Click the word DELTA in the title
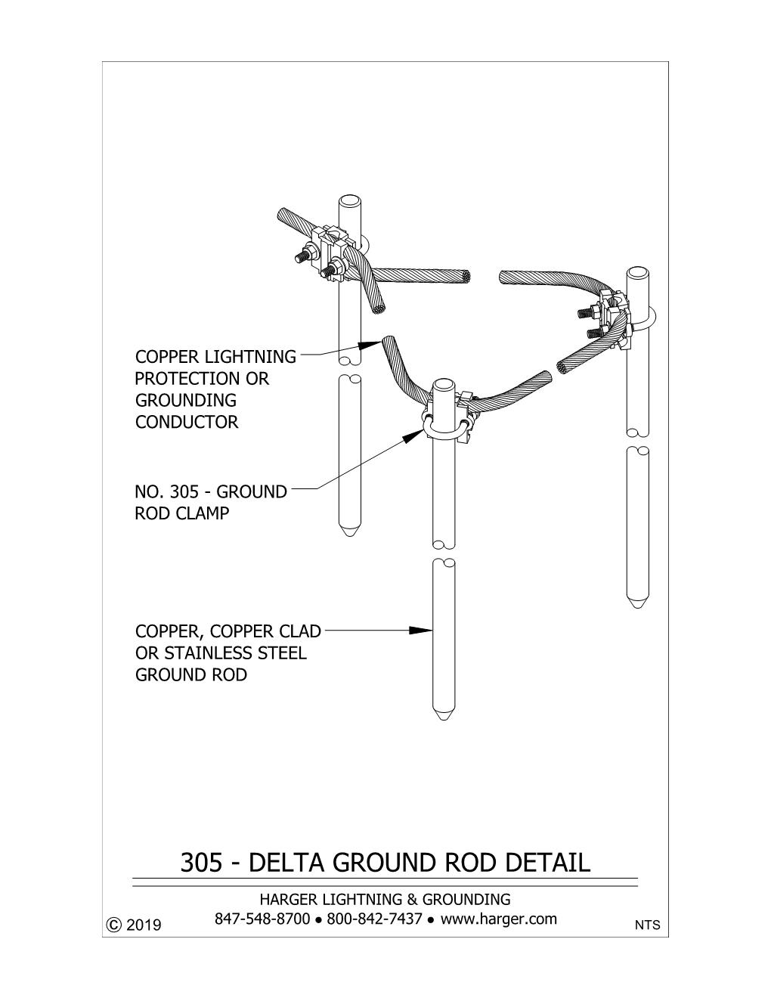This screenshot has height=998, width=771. [x=286, y=863]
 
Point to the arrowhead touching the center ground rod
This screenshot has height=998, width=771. [x=420, y=631]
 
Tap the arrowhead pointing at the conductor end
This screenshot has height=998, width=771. [x=370, y=344]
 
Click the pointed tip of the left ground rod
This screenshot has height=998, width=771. [x=349, y=536]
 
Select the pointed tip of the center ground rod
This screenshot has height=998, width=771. [x=444, y=720]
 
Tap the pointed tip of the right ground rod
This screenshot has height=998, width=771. [x=638, y=608]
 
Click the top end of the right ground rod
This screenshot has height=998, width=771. [x=638, y=272]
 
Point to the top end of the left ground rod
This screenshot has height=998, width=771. [x=349, y=200]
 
